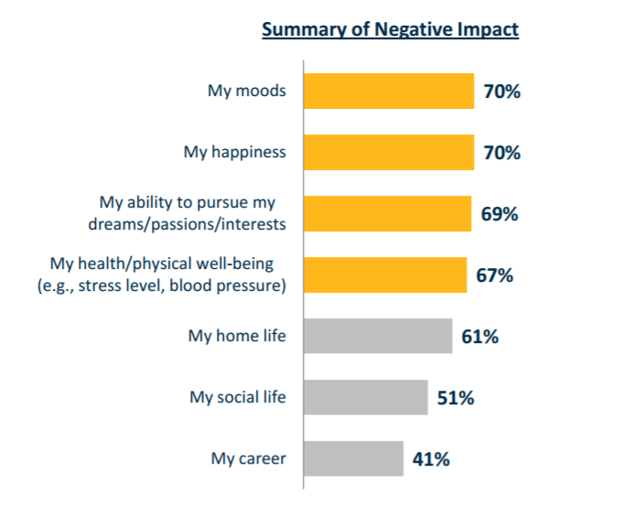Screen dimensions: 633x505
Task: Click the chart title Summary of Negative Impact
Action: [391, 29]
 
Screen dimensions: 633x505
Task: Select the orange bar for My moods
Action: [389, 91]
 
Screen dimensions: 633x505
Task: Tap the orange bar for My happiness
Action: [389, 152]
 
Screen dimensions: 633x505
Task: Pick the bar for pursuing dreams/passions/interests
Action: [388, 213]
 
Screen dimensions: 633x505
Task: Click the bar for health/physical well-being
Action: [385, 274]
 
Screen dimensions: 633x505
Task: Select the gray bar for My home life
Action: [378, 336]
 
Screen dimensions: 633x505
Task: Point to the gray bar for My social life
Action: [366, 397]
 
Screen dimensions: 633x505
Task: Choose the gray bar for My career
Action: [354, 458]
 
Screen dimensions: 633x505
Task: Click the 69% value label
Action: [499, 214]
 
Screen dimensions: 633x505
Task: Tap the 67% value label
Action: [495, 275]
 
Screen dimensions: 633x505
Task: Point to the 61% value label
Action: [480, 337]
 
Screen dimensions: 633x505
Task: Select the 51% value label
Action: [456, 398]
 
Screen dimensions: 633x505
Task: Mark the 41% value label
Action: [431, 459]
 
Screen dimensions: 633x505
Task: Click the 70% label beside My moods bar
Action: [502, 91]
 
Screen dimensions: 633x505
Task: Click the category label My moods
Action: [247, 91]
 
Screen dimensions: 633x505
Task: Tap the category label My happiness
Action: [235, 153]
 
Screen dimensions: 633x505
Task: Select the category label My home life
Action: [238, 337]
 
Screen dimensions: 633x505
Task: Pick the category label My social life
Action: [238, 398]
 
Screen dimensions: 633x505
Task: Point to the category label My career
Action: [249, 459]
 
